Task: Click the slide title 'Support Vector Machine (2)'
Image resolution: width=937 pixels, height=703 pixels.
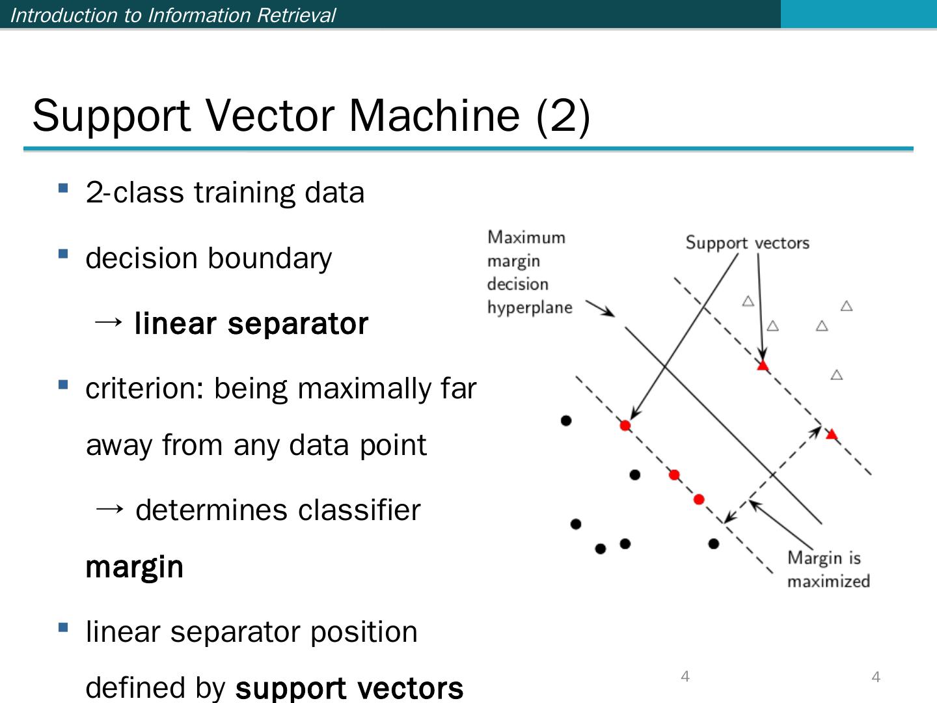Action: click(311, 116)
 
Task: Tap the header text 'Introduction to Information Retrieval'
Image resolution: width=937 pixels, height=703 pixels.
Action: click(173, 15)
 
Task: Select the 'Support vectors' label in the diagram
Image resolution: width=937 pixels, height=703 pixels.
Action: click(747, 243)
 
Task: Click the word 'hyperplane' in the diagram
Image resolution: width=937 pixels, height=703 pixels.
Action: click(530, 307)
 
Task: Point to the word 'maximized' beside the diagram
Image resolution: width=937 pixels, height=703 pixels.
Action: click(828, 581)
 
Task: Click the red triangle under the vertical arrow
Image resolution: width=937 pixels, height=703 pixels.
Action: click(763, 366)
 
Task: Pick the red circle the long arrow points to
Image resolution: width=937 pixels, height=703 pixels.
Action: click(625, 426)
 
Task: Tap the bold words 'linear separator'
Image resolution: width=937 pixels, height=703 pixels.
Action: click(251, 324)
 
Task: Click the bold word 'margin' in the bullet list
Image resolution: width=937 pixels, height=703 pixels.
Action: click(135, 567)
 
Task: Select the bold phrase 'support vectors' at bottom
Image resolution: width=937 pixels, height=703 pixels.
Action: click(349, 688)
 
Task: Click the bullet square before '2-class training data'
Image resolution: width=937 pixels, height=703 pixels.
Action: click(63, 189)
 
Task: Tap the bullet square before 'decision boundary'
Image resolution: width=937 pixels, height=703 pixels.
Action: click(63, 254)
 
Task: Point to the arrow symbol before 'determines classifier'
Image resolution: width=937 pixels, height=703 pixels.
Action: click(109, 509)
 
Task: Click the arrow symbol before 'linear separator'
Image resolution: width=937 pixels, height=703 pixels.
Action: click(108, 322)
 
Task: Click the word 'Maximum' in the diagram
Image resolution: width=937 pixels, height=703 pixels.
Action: click(526, 237)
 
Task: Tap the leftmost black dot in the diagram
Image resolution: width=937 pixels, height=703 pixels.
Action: click(566, 420)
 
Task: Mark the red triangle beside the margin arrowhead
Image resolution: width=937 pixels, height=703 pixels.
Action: click(831, 434)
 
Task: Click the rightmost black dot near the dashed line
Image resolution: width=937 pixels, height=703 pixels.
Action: click(714, 544)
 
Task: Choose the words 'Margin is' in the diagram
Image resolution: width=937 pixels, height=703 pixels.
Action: click(824, 558)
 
